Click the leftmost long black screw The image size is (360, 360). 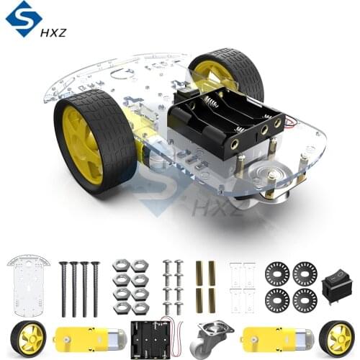[63, 289]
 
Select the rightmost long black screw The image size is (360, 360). [95, 289]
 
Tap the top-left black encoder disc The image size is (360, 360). [276, 273]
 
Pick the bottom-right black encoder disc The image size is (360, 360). [305, 300]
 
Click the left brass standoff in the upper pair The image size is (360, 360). [199, 272]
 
